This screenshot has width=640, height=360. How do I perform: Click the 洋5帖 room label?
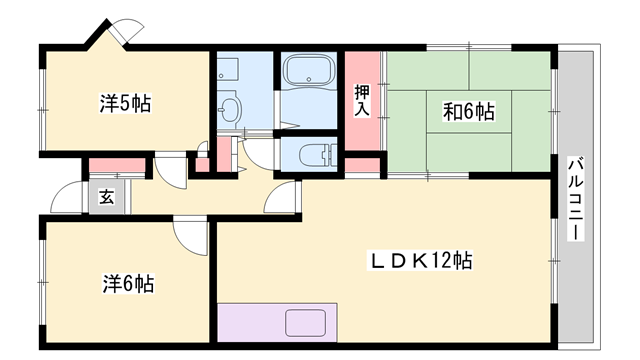(x=125, y=102)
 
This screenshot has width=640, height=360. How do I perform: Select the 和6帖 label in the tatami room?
(x=469, y=111)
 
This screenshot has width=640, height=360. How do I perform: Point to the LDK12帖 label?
(x=422, y=262)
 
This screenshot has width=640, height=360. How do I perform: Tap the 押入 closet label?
(x=362, y=101)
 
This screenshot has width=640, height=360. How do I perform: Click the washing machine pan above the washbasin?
(x=228, y=70)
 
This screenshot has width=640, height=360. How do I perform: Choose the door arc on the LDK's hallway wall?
(x=288, y=197)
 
